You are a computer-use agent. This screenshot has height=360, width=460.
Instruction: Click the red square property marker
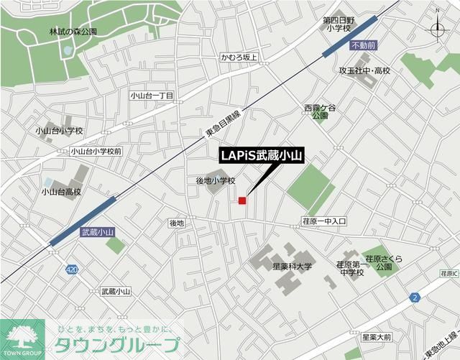[243, 200]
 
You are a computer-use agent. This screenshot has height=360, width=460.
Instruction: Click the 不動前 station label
[363, 45]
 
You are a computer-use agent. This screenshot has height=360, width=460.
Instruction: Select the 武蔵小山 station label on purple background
[97, 232]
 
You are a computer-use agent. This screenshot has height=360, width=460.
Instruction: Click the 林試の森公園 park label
[73, 32]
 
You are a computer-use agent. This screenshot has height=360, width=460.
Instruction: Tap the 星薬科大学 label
[293, 267]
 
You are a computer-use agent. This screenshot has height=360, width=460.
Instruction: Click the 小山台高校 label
[61, 192]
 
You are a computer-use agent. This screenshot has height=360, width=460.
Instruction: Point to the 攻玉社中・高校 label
[364, 70]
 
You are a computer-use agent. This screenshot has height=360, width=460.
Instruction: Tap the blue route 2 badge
[415, 297]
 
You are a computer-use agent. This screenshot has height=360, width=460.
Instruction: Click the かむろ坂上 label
[239, 57]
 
